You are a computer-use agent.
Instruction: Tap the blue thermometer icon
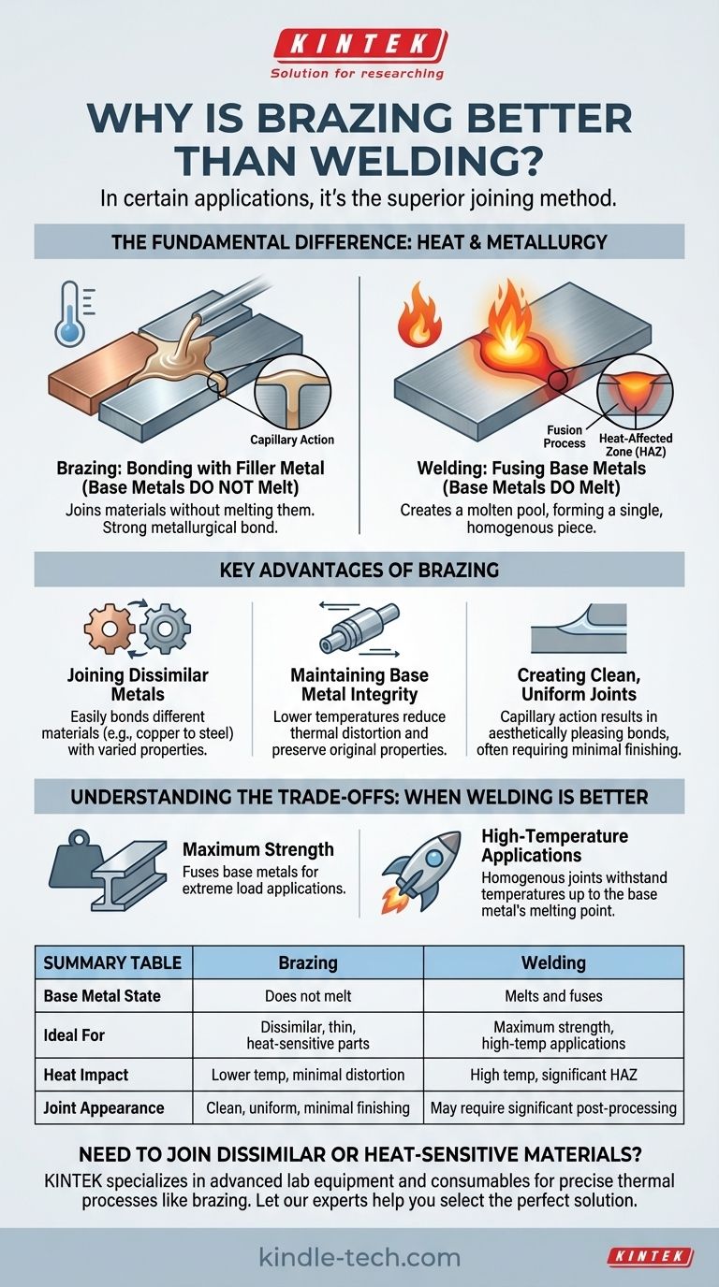pyautogui.click(x=70, y=313)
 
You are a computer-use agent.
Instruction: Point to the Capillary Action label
pyautogui.click(x=292, y=440)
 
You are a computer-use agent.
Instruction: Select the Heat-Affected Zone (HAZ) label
pyautogui.click(x=636, y=445)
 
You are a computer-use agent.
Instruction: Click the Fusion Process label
pyautogui.click(x=565, y=437)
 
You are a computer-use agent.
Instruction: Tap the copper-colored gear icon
pyautogui.click(x=109, y=628)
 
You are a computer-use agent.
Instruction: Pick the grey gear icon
pyautogui.click(x=165, y=629)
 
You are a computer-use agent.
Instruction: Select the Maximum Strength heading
pyautogui.click(x=258, y=849)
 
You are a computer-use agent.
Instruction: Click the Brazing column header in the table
pyautogui.click(x=308, y=963)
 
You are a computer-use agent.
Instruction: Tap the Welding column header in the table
pyautogui.click(x=553, y=963)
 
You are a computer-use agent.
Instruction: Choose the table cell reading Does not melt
pyautogui.click(x=308, y=996)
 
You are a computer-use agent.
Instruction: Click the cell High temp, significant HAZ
pyautogui.click(x=553, y=1075)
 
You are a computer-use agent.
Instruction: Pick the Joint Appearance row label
pyautogui.click(x=104, y=1107)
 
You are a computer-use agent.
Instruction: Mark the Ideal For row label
pyautogui.click(x=74, y=1034)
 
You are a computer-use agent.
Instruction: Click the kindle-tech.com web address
pyautogui.click(x=359, y=1257)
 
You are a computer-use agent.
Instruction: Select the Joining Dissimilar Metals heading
pyautogui.click(x=138, y=685)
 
